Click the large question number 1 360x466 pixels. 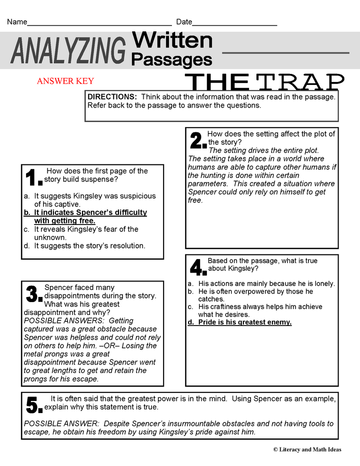coord(33,178)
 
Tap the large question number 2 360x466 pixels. coord(197,141)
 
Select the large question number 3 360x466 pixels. coord(33,294)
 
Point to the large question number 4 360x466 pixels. coord(197,268)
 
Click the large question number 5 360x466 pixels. coord(34,405)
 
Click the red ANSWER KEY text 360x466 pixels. coord(65,81)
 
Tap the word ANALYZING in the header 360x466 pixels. coord(68,51)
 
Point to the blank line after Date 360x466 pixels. coord(234,24)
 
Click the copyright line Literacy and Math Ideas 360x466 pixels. coord(307,449)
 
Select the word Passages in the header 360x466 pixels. coord(171,59)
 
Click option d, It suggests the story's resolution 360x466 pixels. coord(87,245)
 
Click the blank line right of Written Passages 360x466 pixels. coord(285,52)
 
